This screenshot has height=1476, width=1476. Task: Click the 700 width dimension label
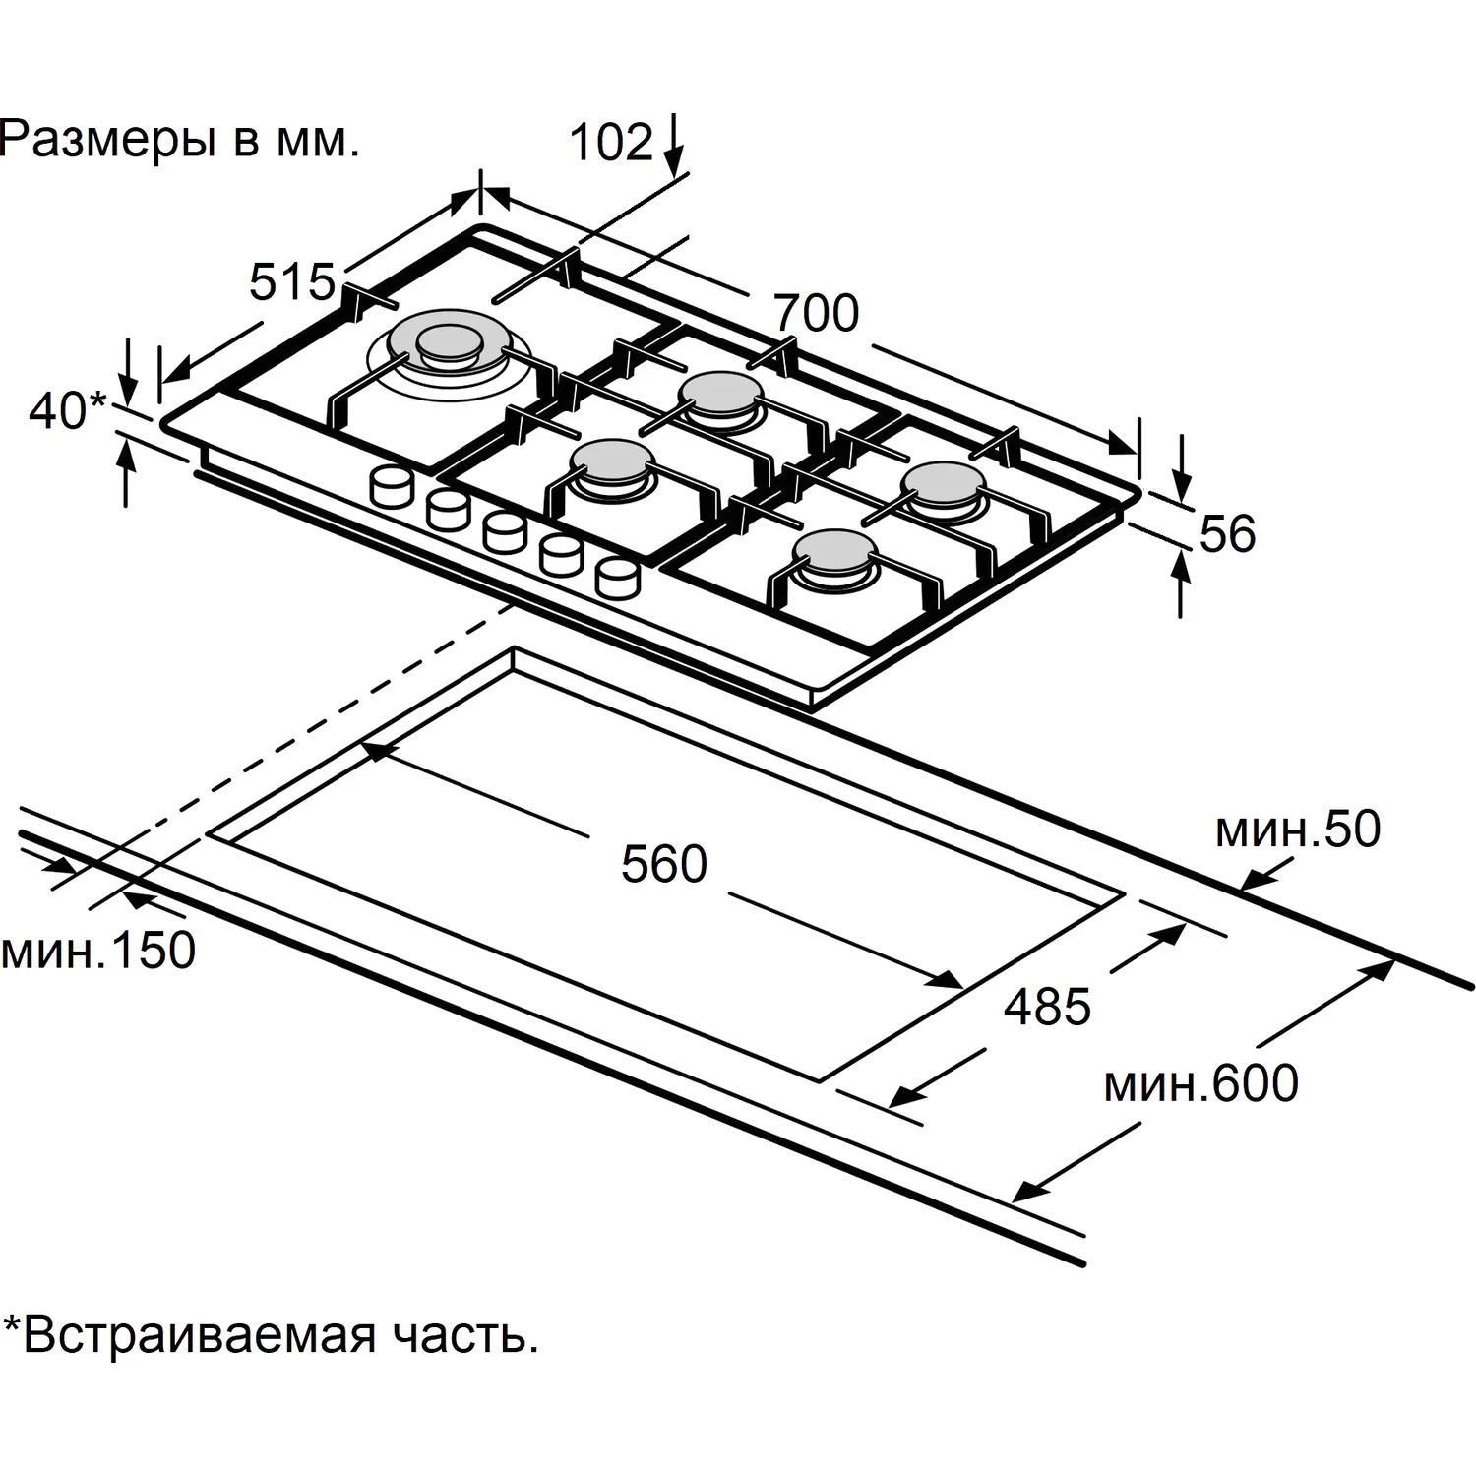click(816, 313)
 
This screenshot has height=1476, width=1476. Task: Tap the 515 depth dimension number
click(292, 282)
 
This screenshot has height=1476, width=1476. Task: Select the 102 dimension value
click(612, 142)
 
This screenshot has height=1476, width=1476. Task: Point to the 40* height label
click(67, 410)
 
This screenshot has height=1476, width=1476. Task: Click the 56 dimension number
click(1228, 533)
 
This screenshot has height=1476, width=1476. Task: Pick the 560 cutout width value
click(664, 864)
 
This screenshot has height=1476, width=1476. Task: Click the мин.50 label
click(1298, 830)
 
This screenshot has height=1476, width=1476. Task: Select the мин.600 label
click(1201, 1082)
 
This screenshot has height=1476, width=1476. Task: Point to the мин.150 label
click(98, 951)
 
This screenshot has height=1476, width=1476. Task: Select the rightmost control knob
click(618, 577)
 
